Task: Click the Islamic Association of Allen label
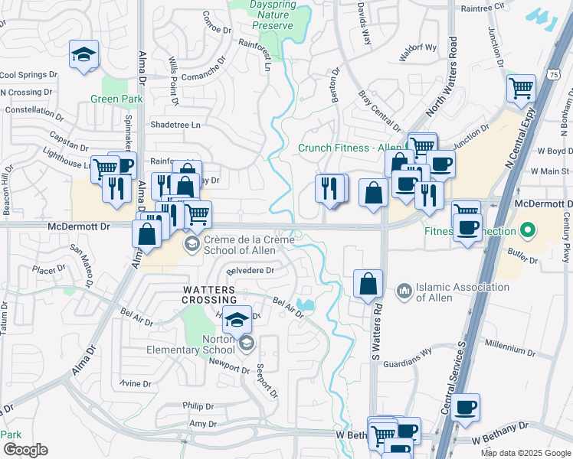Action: point(462,291)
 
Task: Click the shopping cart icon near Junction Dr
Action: point(521,89)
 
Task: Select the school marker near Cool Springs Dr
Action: point(83,55)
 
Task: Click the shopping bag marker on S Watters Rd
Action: point(368,283)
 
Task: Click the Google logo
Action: point(25,450)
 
